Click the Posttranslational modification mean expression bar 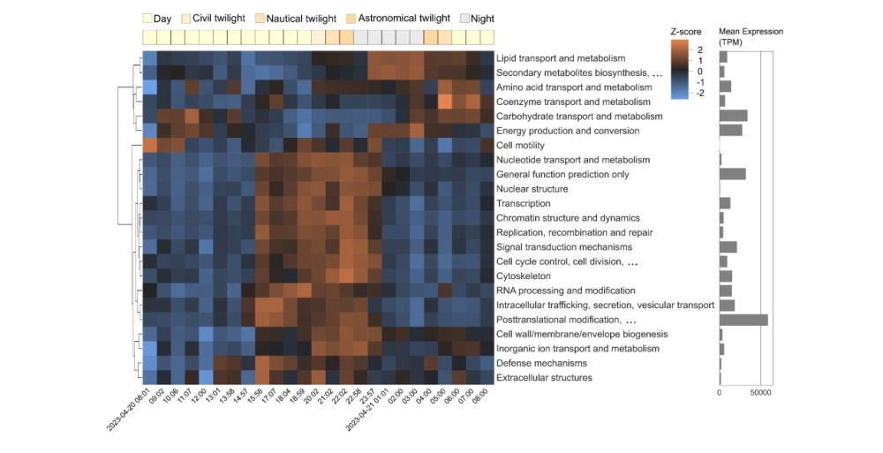pos(743,320)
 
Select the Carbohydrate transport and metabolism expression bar pos(733,117)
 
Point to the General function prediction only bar pos(732,174)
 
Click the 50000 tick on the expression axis pos(760,391)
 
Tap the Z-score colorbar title pos(686,32)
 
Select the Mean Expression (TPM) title pos(751,37)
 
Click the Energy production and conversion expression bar pos(730,131)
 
